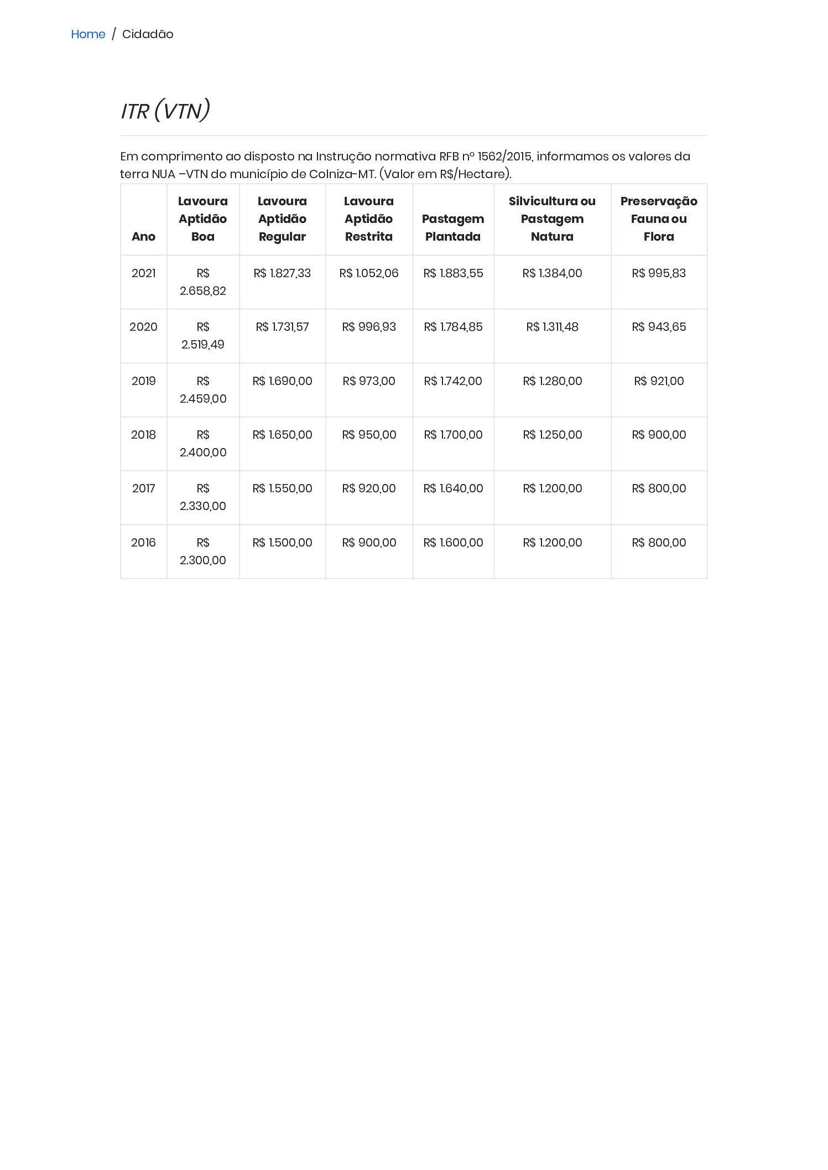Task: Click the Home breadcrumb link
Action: [x=88, y=34]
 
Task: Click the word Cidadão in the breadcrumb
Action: [x=148, y=34]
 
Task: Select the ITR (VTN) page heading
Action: [x=165, y=111]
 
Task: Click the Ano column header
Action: [x=143, y=236]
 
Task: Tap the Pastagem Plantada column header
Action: [x=452, y=227]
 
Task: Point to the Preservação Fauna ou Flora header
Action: [x=658, y=219]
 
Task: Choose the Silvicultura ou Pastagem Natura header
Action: [x=552, y=219]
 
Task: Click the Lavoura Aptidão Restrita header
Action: [x=368, y=219]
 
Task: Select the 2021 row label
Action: [x=143, y=273]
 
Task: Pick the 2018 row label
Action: [x=143, y=435]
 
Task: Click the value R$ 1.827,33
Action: [x=282, y=273]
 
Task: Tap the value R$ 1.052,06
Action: [x=368, y=273]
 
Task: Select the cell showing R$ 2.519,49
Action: [x=202, y=336]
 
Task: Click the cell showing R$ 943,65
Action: [x=658, y=327]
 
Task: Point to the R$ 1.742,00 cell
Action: [x=452, y=381]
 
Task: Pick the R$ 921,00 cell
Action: [x=658, y=381]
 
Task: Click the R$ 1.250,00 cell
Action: [x=552, y=435]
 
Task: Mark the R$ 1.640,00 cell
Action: [x=452, y=488]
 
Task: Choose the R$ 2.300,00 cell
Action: [x=202, y=551]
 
